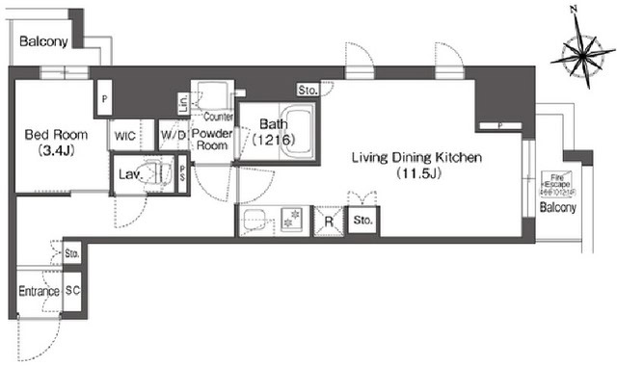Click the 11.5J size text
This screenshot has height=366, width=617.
[415, 174]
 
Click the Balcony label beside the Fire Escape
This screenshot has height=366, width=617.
[557, 208]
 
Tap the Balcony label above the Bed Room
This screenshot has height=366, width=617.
[43, 41]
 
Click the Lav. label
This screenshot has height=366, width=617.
[128, 174]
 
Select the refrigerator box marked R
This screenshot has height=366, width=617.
[329, 222]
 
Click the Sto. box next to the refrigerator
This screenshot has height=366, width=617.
[362, 222]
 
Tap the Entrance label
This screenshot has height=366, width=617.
[39, 291]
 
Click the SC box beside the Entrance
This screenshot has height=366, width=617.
[72, 291]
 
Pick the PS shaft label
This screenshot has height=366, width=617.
[183, 174]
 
